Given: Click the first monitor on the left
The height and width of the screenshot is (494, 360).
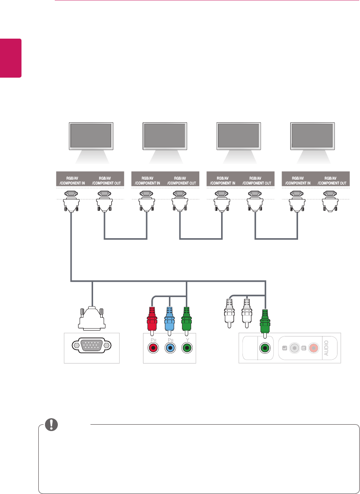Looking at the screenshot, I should point(91,136).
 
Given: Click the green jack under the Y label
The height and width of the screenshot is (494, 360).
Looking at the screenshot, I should point(187,348).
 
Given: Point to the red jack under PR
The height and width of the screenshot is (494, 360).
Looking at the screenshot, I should point(153,348).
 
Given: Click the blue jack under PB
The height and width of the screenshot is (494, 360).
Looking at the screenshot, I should point(170,348).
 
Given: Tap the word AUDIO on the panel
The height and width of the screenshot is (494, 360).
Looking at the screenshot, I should point(326,348).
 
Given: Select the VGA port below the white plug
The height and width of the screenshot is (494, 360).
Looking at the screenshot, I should point(92,345).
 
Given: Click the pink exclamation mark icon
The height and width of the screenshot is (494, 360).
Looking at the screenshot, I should point(51,424).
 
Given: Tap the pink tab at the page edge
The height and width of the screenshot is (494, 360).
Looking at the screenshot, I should point(11,58).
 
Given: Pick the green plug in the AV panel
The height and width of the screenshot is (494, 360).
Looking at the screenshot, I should point(265,321).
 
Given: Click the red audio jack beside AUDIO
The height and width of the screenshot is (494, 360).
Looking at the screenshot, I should point(314,348).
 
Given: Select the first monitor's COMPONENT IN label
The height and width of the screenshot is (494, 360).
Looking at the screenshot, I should point(72,181).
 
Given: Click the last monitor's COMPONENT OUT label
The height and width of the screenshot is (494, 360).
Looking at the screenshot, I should point(331,181).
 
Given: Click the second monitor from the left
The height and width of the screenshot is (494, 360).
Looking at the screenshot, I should point(165,136).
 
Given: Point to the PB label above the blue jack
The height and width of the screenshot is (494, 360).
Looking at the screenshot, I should point(170,340).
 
